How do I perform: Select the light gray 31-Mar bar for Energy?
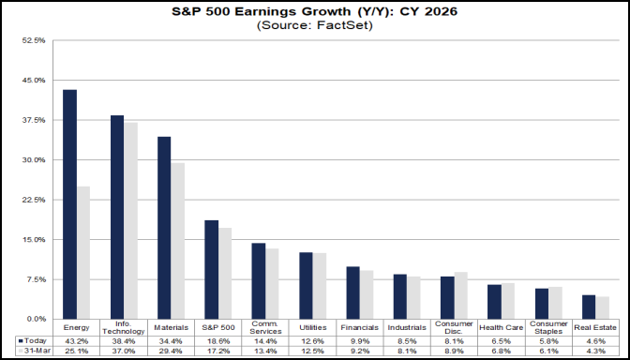pyautogui.click(x=83, y=252)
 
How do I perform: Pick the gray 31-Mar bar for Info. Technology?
pyautogui.click(x=130, y=220)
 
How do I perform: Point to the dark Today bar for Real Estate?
pyautogui.click(x=589, y=307)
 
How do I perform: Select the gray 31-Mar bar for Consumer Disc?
pyautogui.click(x=460, y=295)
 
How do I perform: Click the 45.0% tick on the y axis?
pyautogui.click(x=34, y=81)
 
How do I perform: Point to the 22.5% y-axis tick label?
pyautogui.click(x=34, y=200)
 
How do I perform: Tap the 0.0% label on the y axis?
pyautogui.click(x=36, y=320)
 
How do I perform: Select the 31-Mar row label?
pyautogui.click(x=34, y=351)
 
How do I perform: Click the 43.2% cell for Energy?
pyautogui.click(x=77, y=340)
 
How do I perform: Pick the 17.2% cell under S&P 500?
pyautogui.click(x=218, y=351)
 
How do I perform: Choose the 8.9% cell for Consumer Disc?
pyautogui.click(x=454, y=351)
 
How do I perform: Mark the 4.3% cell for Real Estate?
pyautogui.click(x=595, y=351)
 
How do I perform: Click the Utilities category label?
pyautogui.click(x=312, y=327)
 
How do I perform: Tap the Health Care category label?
pyautogui.click(x=501, y=327)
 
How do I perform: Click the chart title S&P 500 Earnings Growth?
pyautogui.click(x=315, y=11)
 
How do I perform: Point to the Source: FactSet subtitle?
pyautogui.click(x=315, y=25)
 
